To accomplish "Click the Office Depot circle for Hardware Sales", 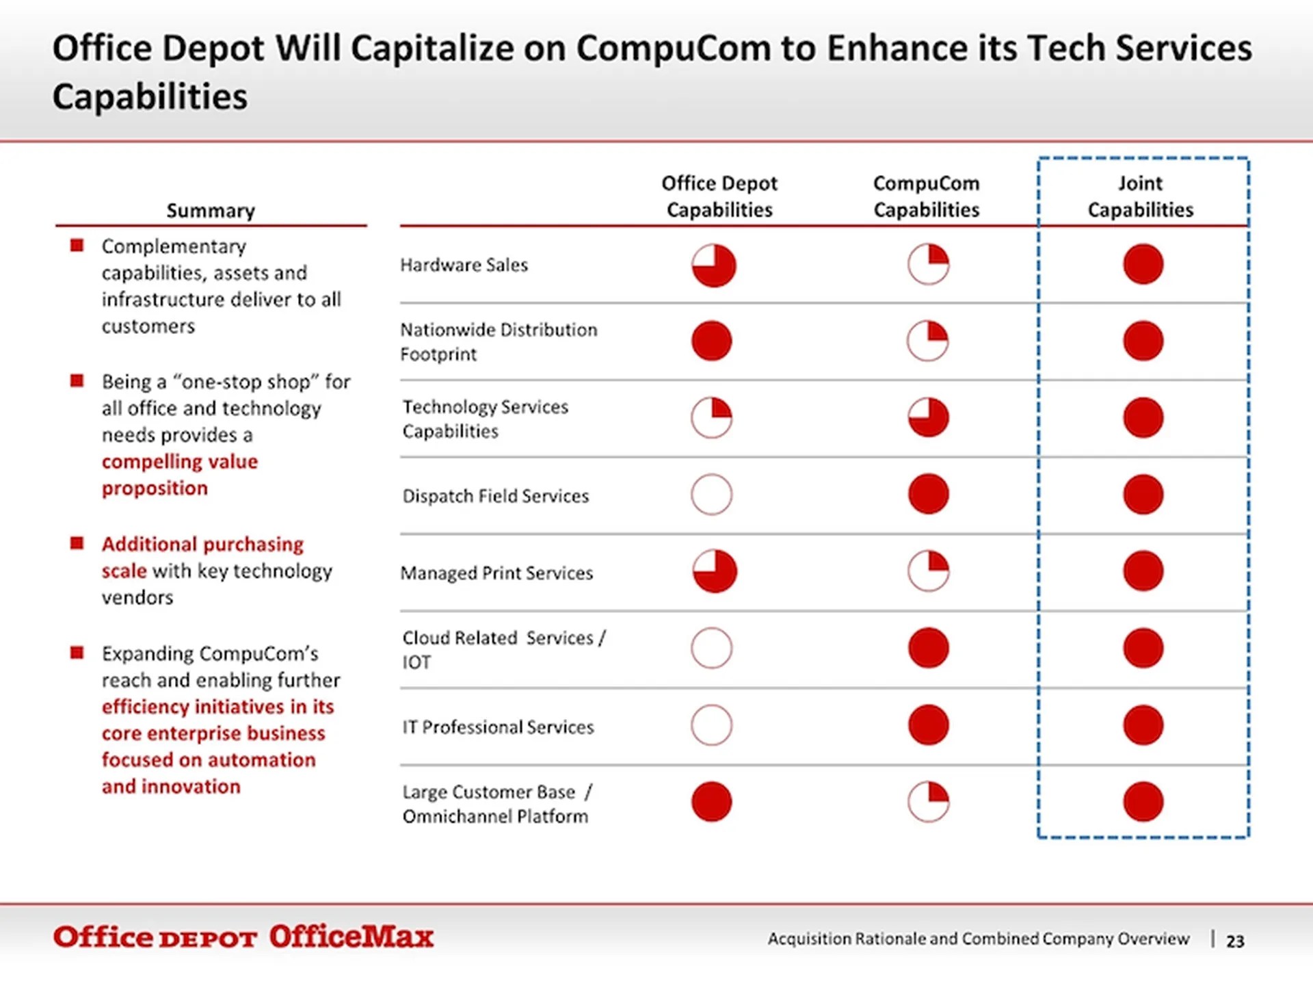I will point(713,265).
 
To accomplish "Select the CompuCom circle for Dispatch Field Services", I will point(928,494).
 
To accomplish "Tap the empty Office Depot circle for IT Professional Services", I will point(711,725).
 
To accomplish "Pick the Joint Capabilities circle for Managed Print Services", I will point(1143,571).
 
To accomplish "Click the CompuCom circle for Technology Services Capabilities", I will point(928,417).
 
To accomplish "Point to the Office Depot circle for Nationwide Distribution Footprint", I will point(711,341).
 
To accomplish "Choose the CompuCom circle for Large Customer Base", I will point(928,802).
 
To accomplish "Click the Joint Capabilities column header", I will point(1140,196).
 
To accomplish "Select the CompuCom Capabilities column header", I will point(926,196).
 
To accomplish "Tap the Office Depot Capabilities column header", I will point(719,196).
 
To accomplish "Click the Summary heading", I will point(211,211).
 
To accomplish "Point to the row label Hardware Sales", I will point(464,265).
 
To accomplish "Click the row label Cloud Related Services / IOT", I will point(503,649).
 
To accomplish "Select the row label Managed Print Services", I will point(496,573).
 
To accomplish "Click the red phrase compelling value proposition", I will point(179,475).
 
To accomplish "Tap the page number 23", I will point(1235,941).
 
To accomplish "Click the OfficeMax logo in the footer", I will point(351,937).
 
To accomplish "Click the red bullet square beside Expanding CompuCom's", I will point(77,653).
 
